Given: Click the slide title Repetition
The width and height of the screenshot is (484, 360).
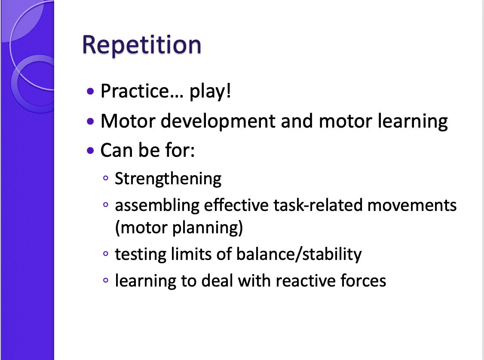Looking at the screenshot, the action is (141, 44).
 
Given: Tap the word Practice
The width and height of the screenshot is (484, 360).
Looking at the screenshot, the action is (134, 91).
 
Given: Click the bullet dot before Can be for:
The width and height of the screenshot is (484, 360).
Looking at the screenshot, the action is (90, 151).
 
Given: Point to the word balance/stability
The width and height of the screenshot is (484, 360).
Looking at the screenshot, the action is (299, 254).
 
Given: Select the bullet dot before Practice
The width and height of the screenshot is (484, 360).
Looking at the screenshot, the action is (90, 92).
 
